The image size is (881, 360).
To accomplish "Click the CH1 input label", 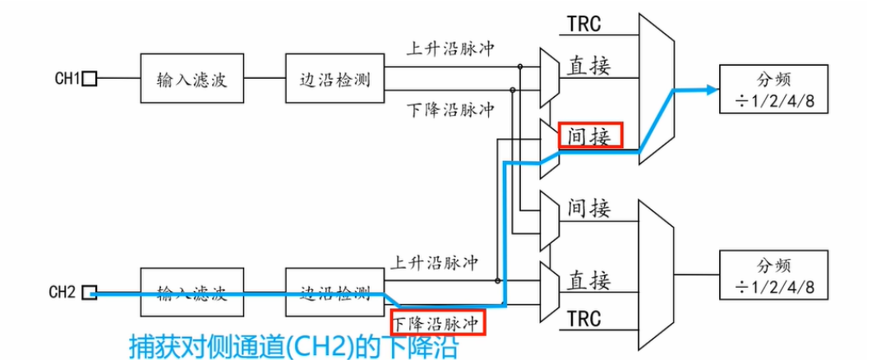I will coord(66,79).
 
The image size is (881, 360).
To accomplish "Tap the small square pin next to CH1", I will coord(90,79).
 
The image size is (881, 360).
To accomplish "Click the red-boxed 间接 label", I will coord(590,136).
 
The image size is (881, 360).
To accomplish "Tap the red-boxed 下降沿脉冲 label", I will coord(437,322).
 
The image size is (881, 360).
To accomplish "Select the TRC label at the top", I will coord(584,24).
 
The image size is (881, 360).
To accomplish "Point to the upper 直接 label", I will coord(589,67).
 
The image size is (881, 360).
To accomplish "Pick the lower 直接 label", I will coord(589,280).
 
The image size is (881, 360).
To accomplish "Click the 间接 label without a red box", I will coord(589,208).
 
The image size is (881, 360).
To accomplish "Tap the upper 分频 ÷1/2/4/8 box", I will coord(772,90).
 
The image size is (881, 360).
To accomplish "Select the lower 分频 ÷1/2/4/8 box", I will coord(772,275).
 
